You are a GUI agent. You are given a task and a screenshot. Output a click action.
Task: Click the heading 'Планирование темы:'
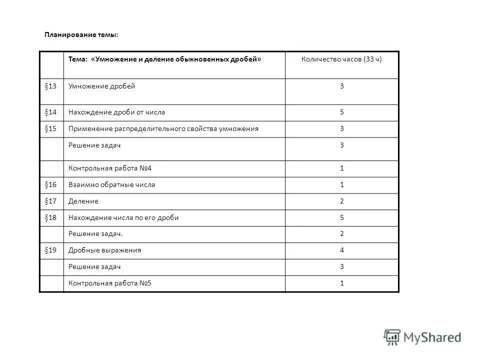coord(81,35)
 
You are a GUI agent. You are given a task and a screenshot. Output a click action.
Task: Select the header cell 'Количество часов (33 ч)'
coord(341,59)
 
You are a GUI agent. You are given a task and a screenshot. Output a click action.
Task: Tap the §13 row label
coord(50,86)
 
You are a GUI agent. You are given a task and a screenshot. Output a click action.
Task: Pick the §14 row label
coord(50,112)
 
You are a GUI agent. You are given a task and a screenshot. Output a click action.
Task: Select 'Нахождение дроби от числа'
coord(116,112)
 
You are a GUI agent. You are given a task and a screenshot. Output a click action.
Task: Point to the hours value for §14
coord(342,112)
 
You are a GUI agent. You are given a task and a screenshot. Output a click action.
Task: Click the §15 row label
coord(50,129)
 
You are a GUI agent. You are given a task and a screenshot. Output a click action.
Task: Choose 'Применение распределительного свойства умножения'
coord(163,129)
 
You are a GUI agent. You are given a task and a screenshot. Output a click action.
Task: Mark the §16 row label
coord(50,185)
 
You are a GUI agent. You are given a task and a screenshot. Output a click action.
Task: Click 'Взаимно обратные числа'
coord(111,185)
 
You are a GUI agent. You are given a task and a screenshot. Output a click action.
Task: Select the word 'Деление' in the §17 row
coord(83,201)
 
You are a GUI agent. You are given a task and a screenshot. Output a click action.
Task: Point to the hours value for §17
coord(342,201)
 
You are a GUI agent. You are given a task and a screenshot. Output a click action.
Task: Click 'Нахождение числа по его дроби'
coord(123,218)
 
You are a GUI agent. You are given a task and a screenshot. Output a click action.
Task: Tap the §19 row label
coord(50,250)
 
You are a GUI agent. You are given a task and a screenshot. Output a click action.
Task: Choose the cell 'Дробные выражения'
coord(104,250)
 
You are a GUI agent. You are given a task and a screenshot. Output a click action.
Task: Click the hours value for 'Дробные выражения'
coord(342,250)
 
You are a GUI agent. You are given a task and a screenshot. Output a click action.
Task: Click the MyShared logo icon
coord(392,337)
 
